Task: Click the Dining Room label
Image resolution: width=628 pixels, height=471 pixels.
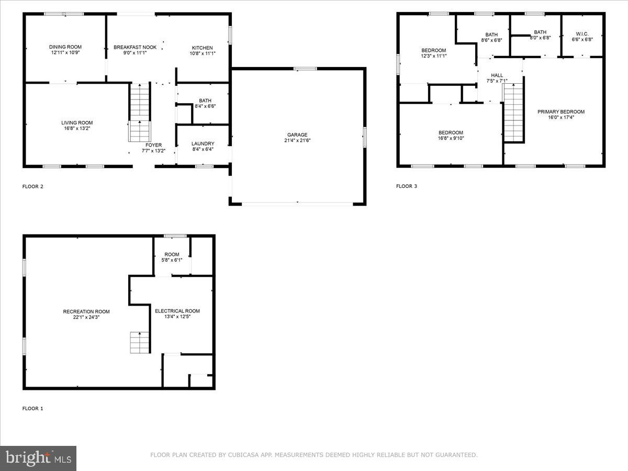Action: [65, 47]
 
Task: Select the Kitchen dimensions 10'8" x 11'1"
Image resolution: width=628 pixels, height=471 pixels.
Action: [201, 54]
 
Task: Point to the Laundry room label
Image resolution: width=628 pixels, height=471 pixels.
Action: [203, 143]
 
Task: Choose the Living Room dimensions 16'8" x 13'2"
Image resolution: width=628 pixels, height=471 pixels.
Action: [77, 129]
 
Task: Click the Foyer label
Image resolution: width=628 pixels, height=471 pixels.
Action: [153, 145]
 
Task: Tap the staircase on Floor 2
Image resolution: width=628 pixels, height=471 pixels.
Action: [140, 113]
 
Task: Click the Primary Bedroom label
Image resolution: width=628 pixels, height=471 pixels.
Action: [561, 111]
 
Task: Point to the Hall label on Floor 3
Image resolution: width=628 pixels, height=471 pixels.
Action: [497, 75]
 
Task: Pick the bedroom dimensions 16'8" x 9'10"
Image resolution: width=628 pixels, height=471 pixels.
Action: [451, 139]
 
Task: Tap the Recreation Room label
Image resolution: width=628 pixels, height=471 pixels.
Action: [86, 311]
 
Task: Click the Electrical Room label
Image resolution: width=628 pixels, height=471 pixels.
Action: [177, 311]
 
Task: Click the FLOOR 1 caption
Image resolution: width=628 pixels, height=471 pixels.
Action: [32, 408]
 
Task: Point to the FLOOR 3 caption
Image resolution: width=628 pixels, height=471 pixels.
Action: [407, 186]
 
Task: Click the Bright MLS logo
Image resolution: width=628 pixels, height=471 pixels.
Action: [38, 458]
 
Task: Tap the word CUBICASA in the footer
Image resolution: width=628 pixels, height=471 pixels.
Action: [242, 455]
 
